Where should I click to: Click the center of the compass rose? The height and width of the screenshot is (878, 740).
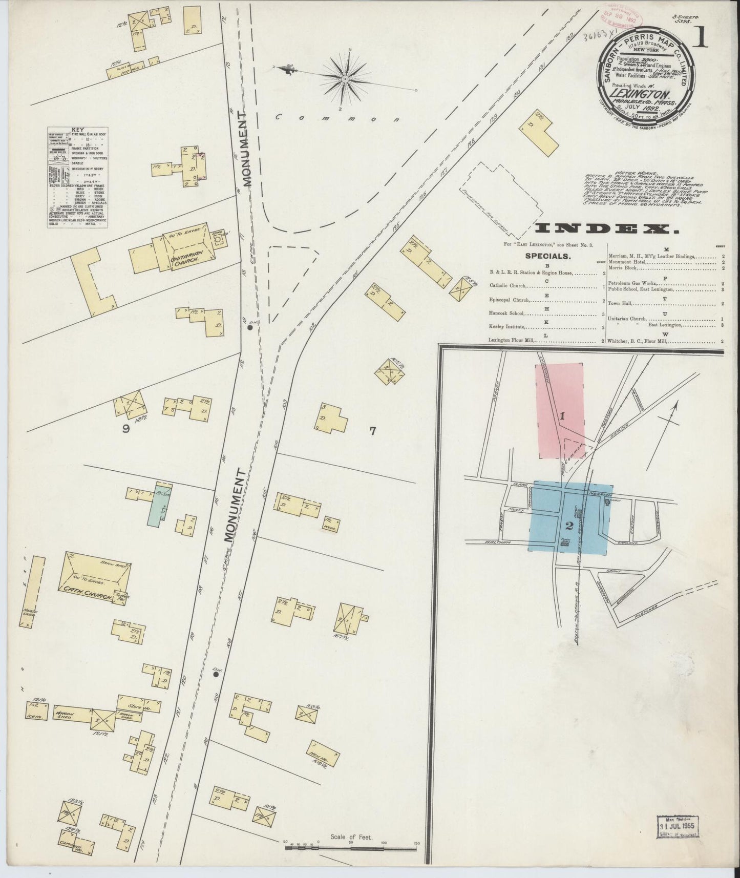click(345, 79)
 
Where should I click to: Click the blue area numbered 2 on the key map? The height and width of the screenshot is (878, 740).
click(569, 524)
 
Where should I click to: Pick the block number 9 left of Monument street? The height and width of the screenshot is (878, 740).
click(125, 429)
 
